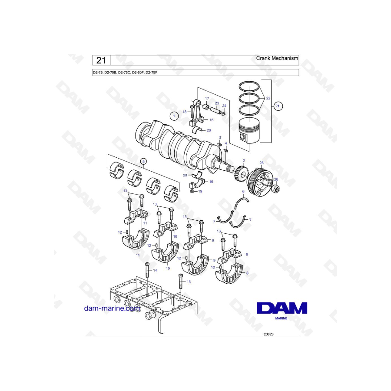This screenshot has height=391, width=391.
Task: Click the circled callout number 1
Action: pyautogui.click(x=174, y=116)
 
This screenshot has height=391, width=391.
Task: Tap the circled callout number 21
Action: pyautogui.click(x=277, y=106)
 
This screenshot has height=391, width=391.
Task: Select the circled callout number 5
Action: pyautogui.click(x=143, y=162)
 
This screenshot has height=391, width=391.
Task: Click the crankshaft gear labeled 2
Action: pyautogui.click(x=242, y=174)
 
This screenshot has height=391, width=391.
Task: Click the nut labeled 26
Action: pyautogui.click(x=276, y=189)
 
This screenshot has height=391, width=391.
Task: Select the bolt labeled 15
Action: pyautogui.click(x=181, y=281)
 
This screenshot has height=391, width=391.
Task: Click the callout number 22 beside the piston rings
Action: pyautogui.click(x=268, y=98)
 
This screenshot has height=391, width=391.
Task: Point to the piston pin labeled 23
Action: pyautogui.click(x=216, y=110)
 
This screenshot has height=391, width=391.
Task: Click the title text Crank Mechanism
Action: pyautogui.click(x=277, y=58)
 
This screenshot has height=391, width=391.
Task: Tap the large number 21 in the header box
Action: pyautogui.click(x=101, y=60)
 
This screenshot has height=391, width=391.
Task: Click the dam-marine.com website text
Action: pyautogui.click(x=112, y=308)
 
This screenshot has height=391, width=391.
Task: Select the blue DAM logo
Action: pyautogui.click(x=282, y=308)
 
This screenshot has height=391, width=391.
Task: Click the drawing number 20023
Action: pyautogui.click(x=268, y=334)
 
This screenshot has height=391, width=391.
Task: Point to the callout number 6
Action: pyautogui.click(x=243, y=192)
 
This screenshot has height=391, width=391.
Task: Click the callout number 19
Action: pyautogui.click(x=200, y=192)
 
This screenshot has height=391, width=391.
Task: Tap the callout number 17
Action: pyautogui.click(x=207, y=99)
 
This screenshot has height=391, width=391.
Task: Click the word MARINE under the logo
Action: pyautogui.click(x=281, y=318)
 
